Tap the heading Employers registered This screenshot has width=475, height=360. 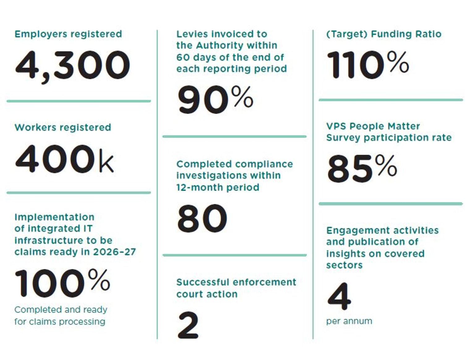click(68, 34)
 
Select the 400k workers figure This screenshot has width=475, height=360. click(64, 159)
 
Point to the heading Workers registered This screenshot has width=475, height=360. click(63, 128)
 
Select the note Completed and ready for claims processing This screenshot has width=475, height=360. click(61, 315)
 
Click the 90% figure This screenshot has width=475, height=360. click(215, 100)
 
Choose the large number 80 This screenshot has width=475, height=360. click(202, 218)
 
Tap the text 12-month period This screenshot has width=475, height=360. click(218, 188)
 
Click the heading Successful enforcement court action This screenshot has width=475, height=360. click(236, 288)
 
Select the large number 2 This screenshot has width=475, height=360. click(188, 325)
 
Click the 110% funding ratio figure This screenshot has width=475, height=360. click(368, 65)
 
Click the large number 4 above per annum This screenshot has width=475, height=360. click(339, 296)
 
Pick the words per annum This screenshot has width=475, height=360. click(349, 321)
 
